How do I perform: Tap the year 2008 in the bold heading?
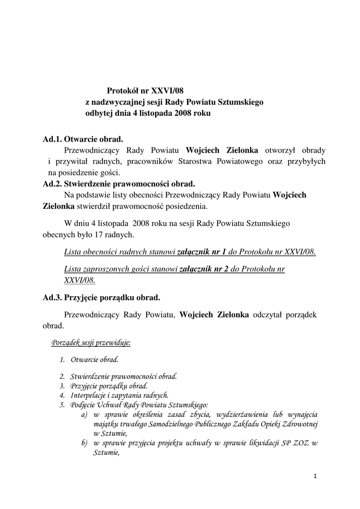click(x=183, y=114)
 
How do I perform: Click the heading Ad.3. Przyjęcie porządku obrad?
click(x=101, y=298)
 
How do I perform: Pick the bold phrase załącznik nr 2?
click(x=203, y=269)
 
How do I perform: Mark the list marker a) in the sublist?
click(x=84, y=414)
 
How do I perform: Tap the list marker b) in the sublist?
click(x=84, y=443)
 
